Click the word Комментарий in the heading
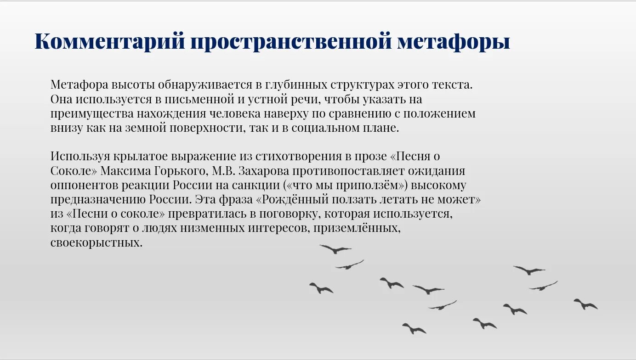[110, 42]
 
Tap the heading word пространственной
[291, 42]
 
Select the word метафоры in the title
[454, 42]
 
